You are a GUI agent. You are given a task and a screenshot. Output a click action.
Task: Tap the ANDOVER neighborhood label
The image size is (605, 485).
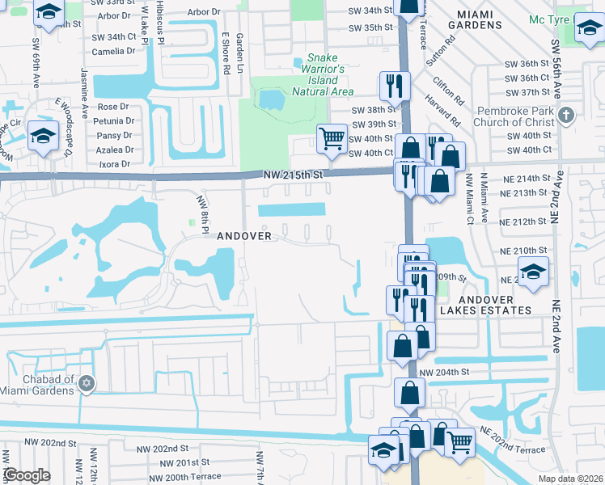click(249, 235)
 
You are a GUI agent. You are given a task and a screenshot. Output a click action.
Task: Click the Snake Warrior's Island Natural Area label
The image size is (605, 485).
click(328, 75)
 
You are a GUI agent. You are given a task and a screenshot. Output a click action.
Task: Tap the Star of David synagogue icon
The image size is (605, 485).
click(87, 382)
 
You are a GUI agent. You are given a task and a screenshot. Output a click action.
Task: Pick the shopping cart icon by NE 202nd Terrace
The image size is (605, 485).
click(459, 441)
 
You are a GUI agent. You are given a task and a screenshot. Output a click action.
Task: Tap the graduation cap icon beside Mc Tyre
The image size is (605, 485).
click(590, 31)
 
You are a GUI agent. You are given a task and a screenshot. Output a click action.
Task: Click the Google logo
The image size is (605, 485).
click(27, 475)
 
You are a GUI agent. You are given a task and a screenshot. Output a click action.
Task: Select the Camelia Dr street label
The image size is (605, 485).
click(113, 51)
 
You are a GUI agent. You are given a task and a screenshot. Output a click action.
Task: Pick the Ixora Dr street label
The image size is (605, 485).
click(116, 164)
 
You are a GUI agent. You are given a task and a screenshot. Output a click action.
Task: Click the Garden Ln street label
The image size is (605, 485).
click(240, 54)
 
